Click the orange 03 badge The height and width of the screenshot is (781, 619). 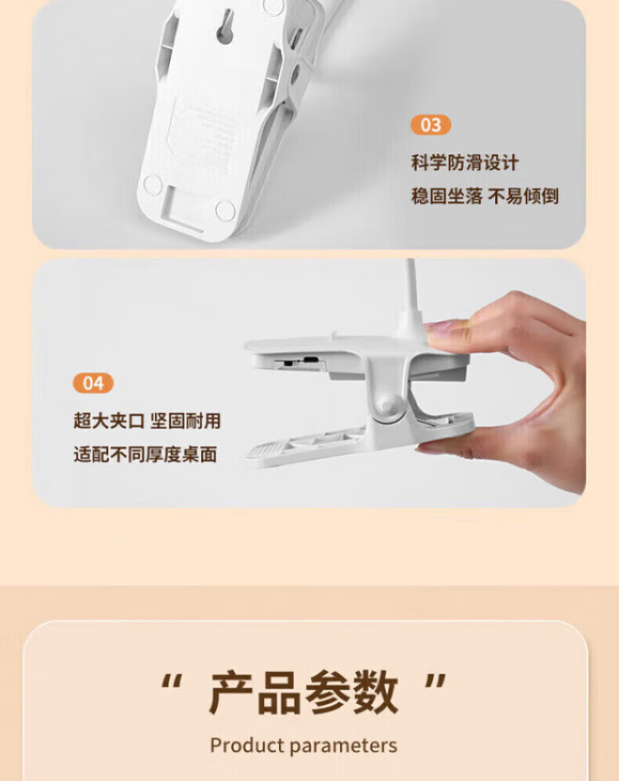click(x=431, y=125)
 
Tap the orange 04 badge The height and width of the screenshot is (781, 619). click(x=93, y=383)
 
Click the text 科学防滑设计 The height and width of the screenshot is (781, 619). click(x=465, y=163)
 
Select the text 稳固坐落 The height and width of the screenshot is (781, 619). click(x=447, y=196)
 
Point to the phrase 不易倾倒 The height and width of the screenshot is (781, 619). click(x=523, y=196)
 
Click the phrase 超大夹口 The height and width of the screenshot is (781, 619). click(x=109, y=421)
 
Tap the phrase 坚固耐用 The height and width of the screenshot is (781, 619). click(x=186, y=421)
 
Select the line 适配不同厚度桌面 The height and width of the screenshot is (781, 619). click(x=145, y=454)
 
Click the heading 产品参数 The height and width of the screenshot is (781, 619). click(x=303, y=692)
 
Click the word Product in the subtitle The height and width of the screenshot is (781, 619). click(x=247, y=745)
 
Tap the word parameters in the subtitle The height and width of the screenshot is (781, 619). click(x=343, y=746)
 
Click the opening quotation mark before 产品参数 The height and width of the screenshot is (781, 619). click(x=172, y=682)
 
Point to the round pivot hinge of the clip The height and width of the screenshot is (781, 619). click(x=388, y=404)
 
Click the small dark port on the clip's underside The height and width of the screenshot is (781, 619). click(x=311, y=359)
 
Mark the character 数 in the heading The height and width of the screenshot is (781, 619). click(x=375, y=692)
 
